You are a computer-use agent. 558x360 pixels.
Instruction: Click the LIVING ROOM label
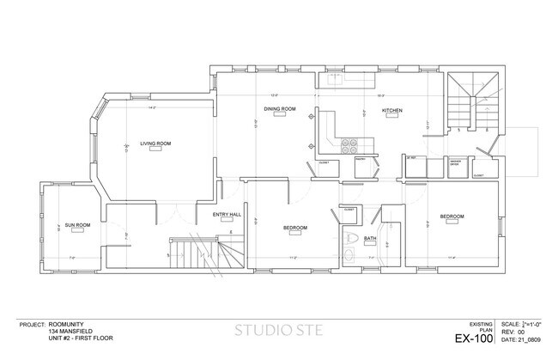click(156, 143)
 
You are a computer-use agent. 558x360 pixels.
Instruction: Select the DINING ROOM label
click(280, 109)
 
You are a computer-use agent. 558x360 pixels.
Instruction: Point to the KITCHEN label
click(392, 110)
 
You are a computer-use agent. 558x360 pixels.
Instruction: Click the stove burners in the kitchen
click(351, 145)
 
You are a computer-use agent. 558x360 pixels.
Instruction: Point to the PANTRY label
click(361, 160)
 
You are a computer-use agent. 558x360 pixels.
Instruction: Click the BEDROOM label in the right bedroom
click(452, 216)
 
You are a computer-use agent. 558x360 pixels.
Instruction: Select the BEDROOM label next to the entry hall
click(295, 227)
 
